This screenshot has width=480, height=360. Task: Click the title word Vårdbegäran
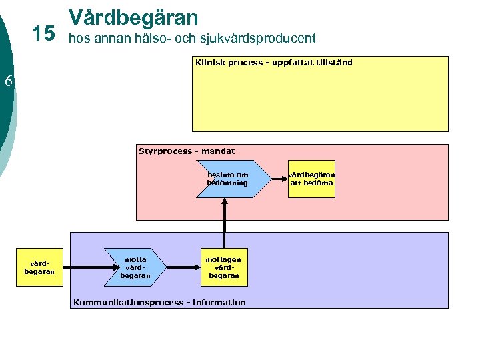click(x=133, y=17)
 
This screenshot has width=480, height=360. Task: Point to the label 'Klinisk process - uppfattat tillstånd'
click(x=273, y=63)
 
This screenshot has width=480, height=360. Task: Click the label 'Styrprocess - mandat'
click(x=186, y=151)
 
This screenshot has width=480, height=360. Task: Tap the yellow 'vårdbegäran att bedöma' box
click(x=311, y=179)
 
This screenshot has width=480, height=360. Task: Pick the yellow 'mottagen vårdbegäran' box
click(x=223, y=267)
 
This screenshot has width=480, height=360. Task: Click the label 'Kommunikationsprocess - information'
click(x=159, y=303)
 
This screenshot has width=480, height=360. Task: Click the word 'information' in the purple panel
click(x=219, y=303)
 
